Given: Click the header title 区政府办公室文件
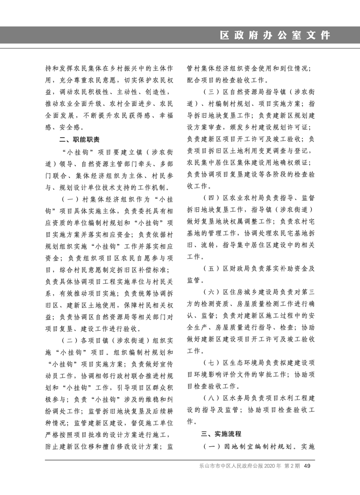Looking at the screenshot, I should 275,36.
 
